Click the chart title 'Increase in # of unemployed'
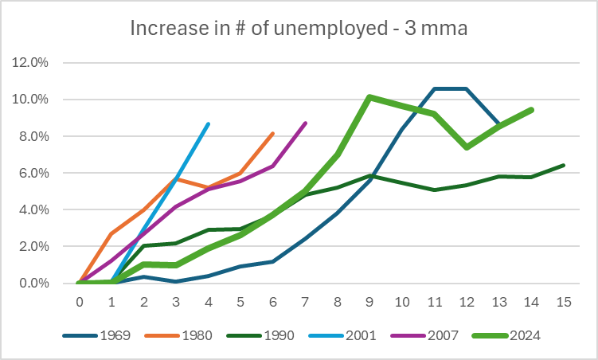[x=299, y=29]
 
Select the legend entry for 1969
[x=115, y=335]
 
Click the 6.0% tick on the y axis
[x=36, y=173]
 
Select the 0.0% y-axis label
[x=36, y=284]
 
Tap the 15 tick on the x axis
[x=563, y=303]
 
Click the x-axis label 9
[x=369, y=303]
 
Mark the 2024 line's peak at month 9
[x=369, y=97]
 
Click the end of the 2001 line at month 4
[x=209, y=123]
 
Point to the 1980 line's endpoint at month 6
[x=273, y=133]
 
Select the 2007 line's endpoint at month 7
[x=306, y=123]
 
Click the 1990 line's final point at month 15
[x=563, y=165]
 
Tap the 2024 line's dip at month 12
[x=467, y=147]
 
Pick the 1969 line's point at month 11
[x=434, y=88]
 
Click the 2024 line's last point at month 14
[x=531, y=109]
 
